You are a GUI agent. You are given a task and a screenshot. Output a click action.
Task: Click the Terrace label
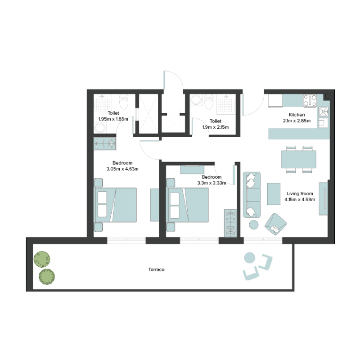pyautogui.click(x=156, y=270)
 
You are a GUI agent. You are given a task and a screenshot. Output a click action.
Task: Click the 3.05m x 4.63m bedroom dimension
pyautogui.click(x=122, y=169)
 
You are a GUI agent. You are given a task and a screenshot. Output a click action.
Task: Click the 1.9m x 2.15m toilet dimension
pyautogui.click(x=216, y=127)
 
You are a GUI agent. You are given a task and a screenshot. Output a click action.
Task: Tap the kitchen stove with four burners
pyautogui.click(x=310, y=100)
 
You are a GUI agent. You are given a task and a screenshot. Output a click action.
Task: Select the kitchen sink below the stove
pyautogui.click(x=323, y=112)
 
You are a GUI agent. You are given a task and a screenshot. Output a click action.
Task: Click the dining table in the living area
pyautogui.click(x=298, y=159)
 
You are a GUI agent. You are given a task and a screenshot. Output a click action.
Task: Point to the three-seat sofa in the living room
pyautogui.click(x=252, y=194)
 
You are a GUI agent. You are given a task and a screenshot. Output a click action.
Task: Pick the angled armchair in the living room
pyautogui.click(x=275, y=224)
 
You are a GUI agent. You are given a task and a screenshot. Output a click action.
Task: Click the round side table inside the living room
pyautogui.click(x=254, y=224)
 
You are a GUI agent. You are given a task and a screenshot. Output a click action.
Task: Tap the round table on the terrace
pyautogui.click(x=249, y=258)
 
